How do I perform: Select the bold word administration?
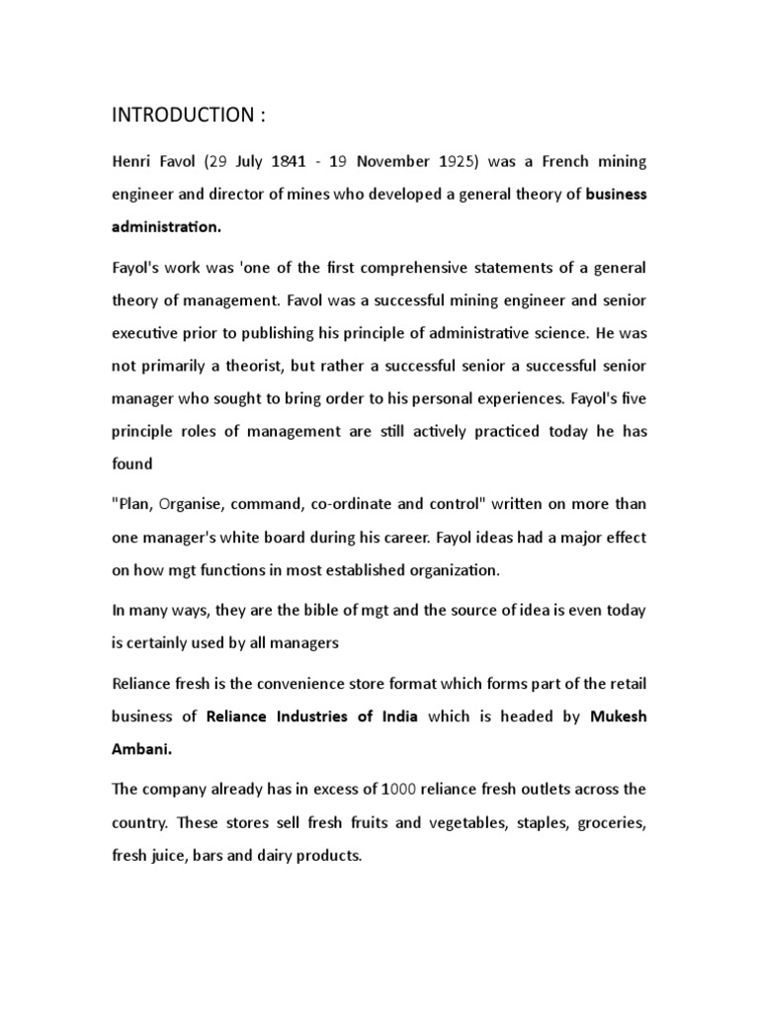point(166,226)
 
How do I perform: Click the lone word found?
point(131,464)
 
